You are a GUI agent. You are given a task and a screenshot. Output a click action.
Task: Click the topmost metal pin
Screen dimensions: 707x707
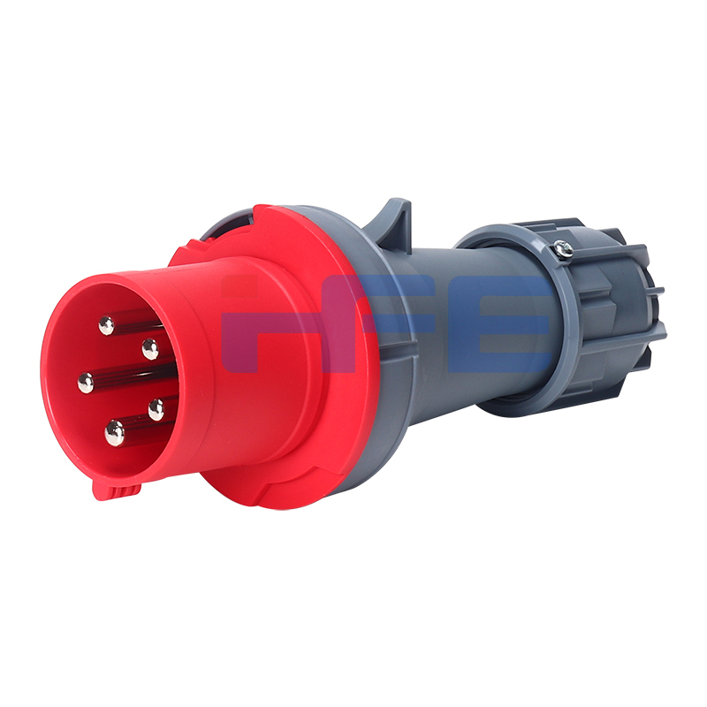106,325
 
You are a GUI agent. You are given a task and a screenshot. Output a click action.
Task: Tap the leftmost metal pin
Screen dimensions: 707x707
85,383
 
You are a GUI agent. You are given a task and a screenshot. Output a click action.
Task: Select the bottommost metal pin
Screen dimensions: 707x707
115,433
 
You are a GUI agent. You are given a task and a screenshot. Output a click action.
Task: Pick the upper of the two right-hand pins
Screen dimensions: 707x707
150,348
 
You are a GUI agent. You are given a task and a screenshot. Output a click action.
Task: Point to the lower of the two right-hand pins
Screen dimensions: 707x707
156,409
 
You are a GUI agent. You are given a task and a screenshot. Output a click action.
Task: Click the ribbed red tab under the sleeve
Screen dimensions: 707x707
117,491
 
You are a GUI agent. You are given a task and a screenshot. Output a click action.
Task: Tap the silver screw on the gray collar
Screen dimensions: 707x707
564,248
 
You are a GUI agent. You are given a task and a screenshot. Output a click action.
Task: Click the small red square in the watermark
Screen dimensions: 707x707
239,285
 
